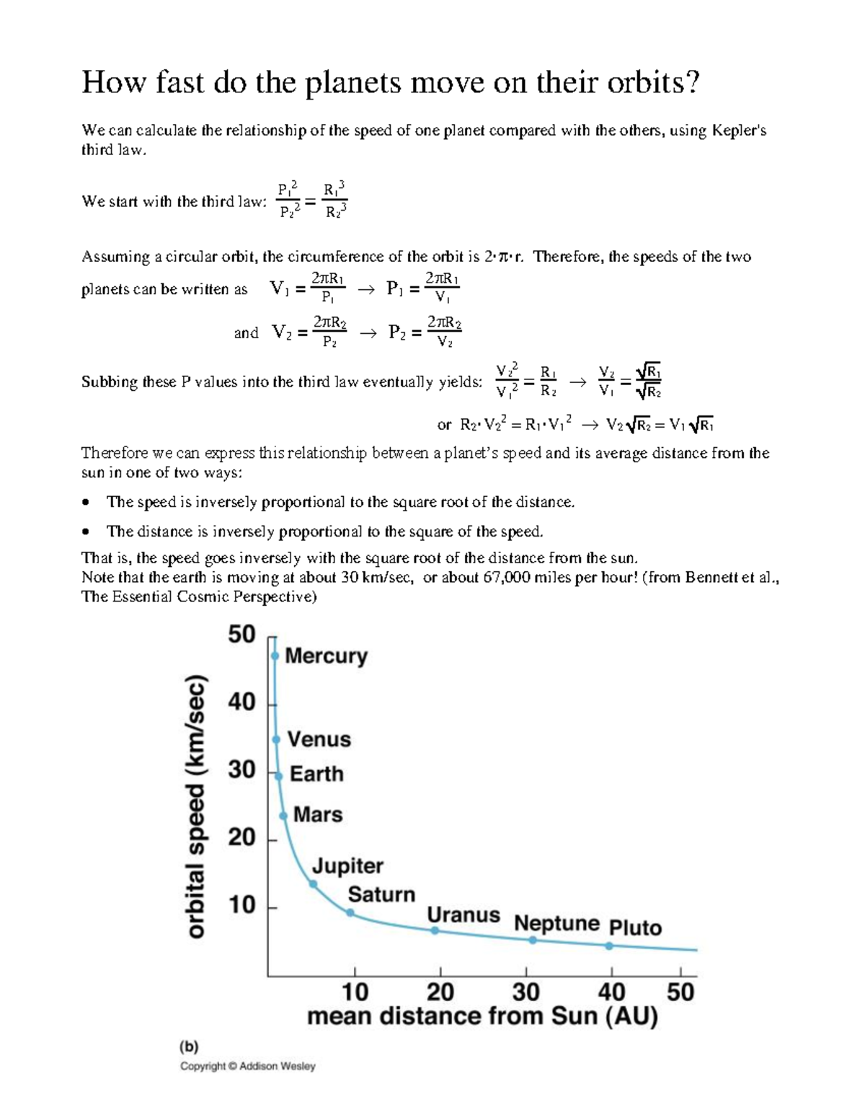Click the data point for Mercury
pyautogui.click(x=275, y=656)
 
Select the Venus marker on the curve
pyautogui.click(x=276, y=739)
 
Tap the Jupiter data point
pyautogui.click(x=313, y=883)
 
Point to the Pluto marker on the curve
pyautogui.click(x=609, y=945)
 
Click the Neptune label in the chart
pyautogui.click(x=556, y=923)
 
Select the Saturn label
pyautogui.click(x=381, y=894)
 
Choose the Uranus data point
pyautogui.click(x=435, y=930)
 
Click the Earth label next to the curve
pyautogui.click(x=316, y=774)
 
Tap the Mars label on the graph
pyautogui.click(x=318, y=814)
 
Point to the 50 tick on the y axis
pyautogui.click(x=241, y=635)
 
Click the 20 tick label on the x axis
pyautogui.click(x=440, y=992)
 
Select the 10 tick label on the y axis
pyautogui.click(x=241, y=905)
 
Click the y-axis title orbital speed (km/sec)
pyautogui.click(x=195, y=806)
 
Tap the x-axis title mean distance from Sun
pyautogui.click(x=482, y=1016)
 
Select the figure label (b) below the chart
pyautogui.click(x=189, y=1046)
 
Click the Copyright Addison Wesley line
pyautogui.click(x=247, y=1066)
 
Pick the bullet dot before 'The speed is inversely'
pyautogui.click(x=86, y=502)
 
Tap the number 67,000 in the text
pyautogui.click(x=505, y=578)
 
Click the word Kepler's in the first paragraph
pyautogui.click(x=739, y=131)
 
